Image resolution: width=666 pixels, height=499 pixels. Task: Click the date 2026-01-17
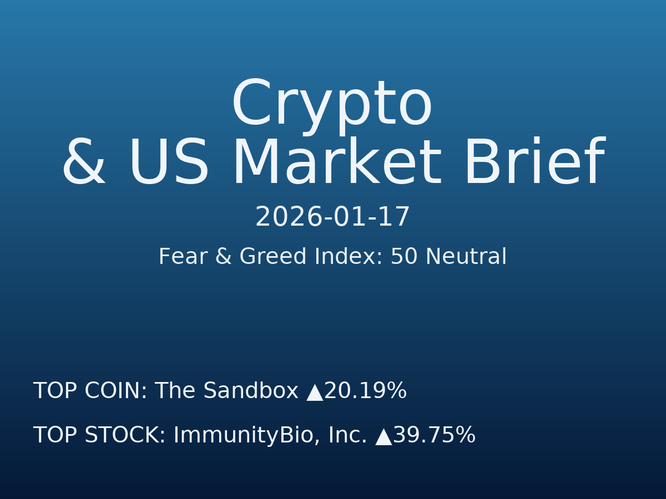pyautogui.click(x=332, y=217)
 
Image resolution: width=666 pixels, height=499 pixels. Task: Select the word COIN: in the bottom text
pyautogui.click(x=116, y=391)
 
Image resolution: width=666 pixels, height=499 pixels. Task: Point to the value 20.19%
pyautogui.click(x=365, y=391)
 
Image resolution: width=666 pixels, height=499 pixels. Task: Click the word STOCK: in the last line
pyautogui.click(x=125, y=436)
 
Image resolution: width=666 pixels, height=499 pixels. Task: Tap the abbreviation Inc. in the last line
pyautogui.click(x=347, y=436)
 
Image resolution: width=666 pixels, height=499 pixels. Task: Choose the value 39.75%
pyautogui.click(x=434, y=436)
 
